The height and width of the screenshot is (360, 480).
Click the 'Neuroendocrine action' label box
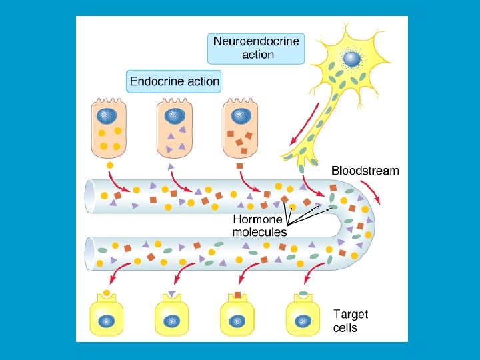click(257, 48)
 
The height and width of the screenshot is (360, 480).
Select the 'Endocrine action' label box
click(173, 82)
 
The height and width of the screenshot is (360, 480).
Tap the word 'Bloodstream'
click(365, 171)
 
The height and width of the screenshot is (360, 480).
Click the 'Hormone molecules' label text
click(259, 225)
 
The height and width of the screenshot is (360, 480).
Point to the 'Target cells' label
click(350, 321)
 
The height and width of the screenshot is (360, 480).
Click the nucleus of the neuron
click(351, 59)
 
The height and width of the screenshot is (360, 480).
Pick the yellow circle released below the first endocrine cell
click(110, 165)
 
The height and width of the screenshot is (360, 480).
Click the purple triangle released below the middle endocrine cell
click(171, 165)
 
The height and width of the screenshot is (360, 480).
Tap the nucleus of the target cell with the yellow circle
click(106, 322)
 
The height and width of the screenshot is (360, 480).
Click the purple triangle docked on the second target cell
click(173, 295)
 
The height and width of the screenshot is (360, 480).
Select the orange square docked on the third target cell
click(238, 295)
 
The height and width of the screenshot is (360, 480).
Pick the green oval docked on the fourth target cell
click(303, 294)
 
